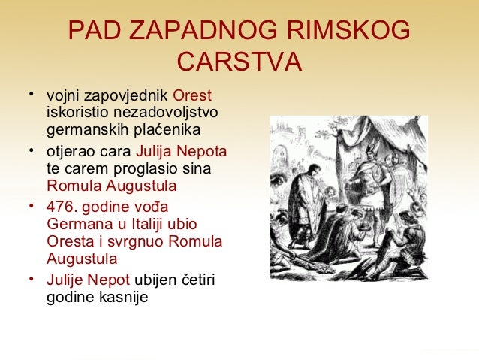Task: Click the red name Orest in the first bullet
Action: (x=192, y=97)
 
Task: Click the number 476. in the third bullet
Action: (x=62, y=207)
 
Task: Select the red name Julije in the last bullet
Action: (x=65, y=280)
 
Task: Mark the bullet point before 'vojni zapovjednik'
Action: (x=31, y=95)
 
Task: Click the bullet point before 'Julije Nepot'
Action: (x=31, y=278)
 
